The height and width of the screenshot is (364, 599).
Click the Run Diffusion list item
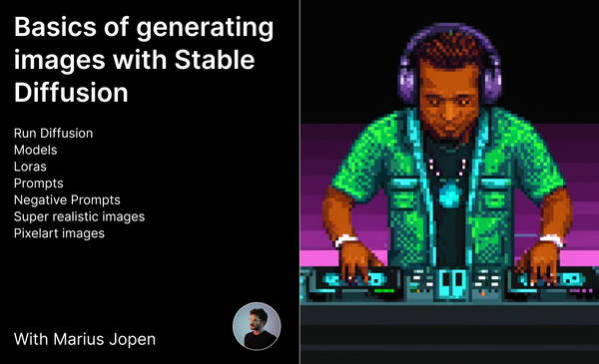[x=55, y=133]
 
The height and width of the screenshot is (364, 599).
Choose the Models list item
[x=36, y=150]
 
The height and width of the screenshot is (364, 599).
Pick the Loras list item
[x=32, y=167]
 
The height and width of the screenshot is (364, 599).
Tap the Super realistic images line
[x=79, y=216]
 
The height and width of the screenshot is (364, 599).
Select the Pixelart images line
[x=60, y=233]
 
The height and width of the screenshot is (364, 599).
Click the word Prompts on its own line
[x=38, y=183]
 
